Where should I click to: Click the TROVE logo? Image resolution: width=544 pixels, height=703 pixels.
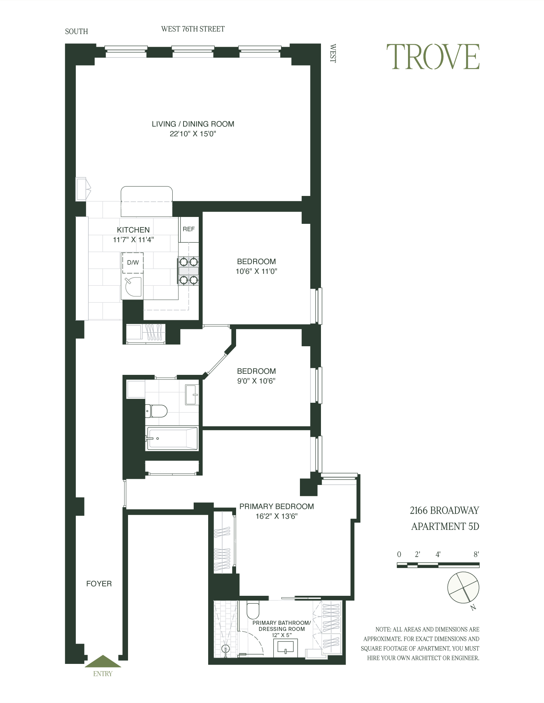[433, 57]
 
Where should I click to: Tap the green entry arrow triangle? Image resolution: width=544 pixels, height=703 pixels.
[103, 662]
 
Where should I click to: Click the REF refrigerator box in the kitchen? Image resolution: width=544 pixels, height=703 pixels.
[189, 229]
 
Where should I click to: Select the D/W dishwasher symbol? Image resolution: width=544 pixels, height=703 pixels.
[133, 263]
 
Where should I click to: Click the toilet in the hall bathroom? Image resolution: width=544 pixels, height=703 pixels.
[156, 411]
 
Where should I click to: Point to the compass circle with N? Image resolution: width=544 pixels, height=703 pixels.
[463, 587]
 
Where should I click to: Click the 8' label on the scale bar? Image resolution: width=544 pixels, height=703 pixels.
[476, 554]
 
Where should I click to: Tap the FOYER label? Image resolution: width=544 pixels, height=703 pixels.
[99, 583]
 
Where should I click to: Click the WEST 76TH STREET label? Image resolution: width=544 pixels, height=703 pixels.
[193, 29]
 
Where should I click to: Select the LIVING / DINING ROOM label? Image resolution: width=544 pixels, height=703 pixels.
[193, 124]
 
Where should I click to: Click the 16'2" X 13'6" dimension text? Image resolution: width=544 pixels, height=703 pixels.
[276, 516]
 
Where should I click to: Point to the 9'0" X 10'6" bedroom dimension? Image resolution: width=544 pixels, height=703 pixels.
[256, 381]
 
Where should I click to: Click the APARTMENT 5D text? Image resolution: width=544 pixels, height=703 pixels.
[445, 526]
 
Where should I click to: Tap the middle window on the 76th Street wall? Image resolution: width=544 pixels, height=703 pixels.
[193, 51]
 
